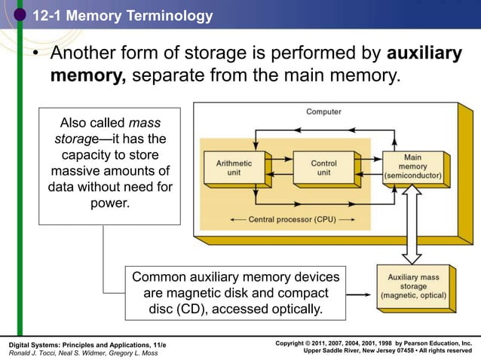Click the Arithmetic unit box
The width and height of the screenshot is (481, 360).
tap(234, 167)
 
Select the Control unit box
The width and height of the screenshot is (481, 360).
tap(323, 167)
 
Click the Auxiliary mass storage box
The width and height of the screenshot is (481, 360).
tap(412, 287)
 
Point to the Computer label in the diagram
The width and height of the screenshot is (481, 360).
tap(323, 112)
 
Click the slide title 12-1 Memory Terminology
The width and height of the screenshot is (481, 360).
tap(122, 16)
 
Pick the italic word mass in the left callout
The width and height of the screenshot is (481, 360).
tap(144, 123)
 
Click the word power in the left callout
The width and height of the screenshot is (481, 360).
tap(109, 203)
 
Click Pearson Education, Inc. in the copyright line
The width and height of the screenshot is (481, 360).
tap(430, 343)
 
